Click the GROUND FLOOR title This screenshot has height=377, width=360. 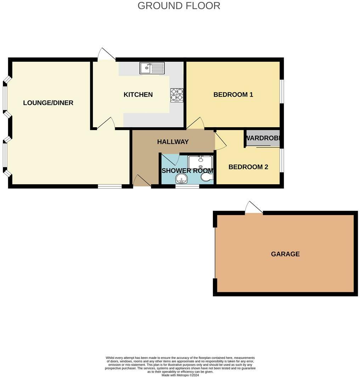tap(179, 6)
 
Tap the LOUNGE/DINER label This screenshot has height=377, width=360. tap(48, 103)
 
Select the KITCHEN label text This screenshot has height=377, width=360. tap(138, 95)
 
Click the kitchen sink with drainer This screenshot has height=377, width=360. tap(152, 68)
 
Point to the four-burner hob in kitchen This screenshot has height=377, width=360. tap(177, 95)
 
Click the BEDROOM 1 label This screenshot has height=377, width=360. tap(233, 95)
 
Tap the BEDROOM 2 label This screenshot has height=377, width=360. tap(248, 167)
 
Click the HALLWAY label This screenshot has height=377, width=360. tap(173, 142)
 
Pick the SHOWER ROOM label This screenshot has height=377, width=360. tap(187, 170)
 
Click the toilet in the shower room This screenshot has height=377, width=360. tap(206, 176)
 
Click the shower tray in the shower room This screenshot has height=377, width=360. tap(201, 162)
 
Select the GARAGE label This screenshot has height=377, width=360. tap(285, 254)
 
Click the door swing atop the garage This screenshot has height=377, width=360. tap(253, 208)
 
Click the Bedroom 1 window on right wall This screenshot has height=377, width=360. tap(282, 91)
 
